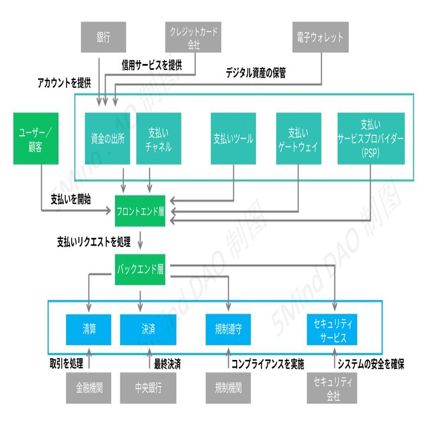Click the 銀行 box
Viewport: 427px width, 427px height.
[104, 37]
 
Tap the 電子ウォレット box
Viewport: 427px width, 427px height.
[320, 37]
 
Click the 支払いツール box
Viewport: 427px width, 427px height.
[234, 140]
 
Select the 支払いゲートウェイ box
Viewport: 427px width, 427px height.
[299, 140]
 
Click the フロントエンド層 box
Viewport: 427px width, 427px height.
[140, 210]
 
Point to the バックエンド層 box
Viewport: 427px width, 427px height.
[140, 269]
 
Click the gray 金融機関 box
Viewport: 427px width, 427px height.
[89, 388]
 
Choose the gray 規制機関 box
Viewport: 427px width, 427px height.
[228, 388]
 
